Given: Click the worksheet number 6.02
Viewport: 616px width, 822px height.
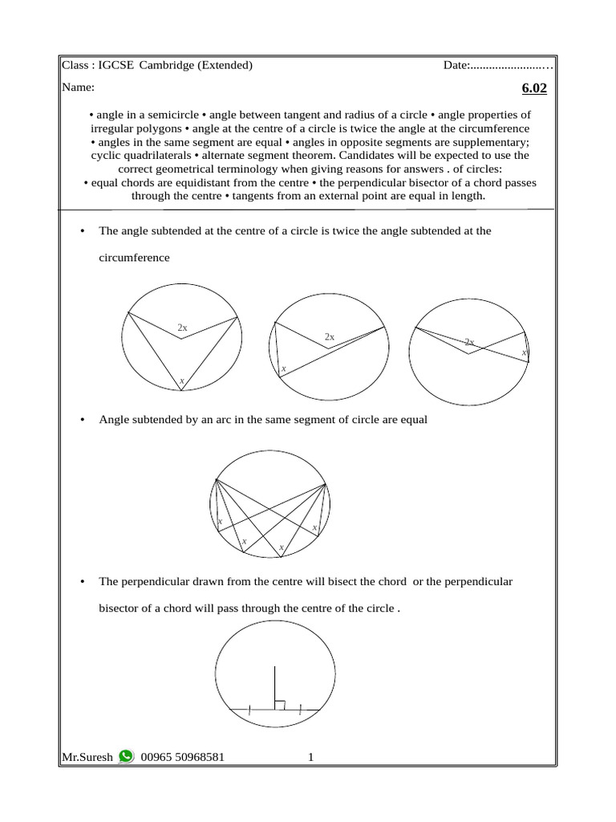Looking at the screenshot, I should [x=534, y=88].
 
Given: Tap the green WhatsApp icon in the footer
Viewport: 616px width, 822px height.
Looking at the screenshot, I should [x=127, y=756].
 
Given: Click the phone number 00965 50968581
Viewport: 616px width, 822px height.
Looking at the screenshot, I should [x=182, y=756].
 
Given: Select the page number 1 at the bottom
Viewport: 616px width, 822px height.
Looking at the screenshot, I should [x=310, y=756].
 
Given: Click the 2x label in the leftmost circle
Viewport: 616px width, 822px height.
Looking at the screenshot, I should [x=182, y=328].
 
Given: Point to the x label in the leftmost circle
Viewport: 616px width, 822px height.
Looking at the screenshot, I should [x=182, y=380].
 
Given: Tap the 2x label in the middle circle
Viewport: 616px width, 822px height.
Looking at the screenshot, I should [x=330, y=336].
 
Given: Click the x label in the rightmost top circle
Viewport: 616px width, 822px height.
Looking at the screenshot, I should [x=524, y=352].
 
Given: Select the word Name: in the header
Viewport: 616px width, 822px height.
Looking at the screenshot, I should [x=79, y=87].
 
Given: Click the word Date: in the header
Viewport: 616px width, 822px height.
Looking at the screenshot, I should [x=456, y=65].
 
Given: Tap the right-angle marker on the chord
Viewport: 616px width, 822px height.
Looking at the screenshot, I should [x=280, y=705].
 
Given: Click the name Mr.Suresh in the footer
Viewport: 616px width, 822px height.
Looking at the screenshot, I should [x=87, y=756].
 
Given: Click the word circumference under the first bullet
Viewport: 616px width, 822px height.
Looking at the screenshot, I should [x=134, y=258].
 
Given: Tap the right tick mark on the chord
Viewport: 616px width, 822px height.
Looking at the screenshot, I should [x=300, y=709].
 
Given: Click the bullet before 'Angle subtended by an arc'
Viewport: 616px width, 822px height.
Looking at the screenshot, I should [x=83, y=420].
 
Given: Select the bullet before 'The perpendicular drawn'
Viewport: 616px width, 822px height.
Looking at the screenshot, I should [x=83, y=580].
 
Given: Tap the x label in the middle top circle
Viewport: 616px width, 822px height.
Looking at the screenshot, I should [x=282, y=369].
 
